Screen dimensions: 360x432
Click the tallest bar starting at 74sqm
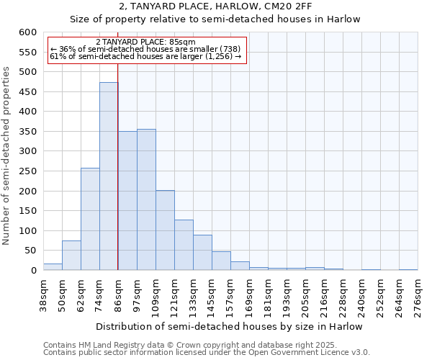(x=109, y=176)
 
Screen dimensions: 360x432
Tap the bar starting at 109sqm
(x=165, y=230)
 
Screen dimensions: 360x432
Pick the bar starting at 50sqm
(x=71, y=256)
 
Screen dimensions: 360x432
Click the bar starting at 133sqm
(x=202, y=253)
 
